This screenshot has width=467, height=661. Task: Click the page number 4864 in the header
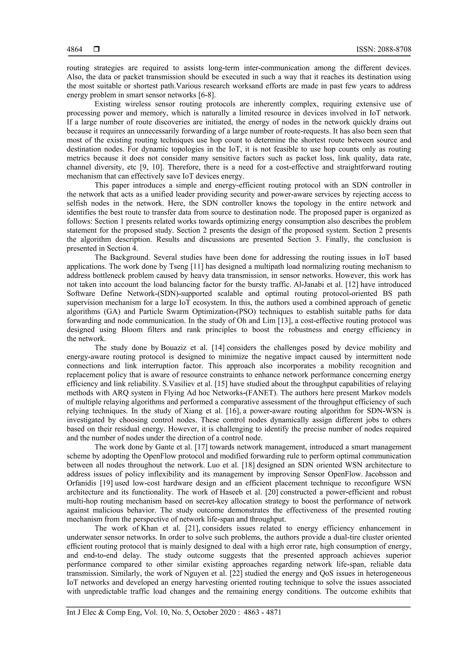[x=75, y=50]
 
